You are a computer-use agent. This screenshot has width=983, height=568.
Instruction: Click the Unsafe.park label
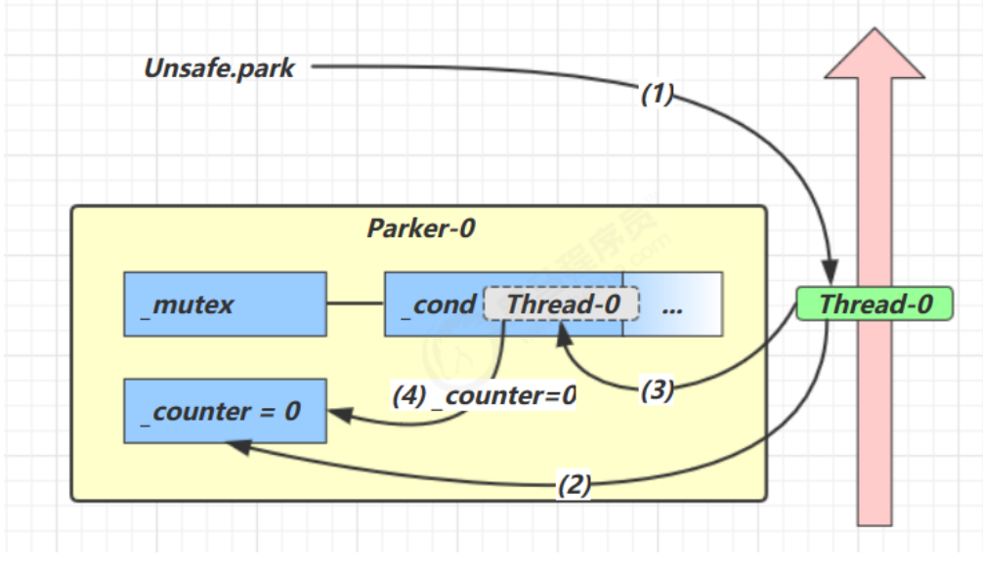pyautogui.click(x=219, y=68)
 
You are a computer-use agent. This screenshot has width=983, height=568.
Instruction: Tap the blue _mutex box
pyautogui.click(x=224, y=304)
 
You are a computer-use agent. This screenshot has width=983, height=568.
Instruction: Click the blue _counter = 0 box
pyautogui.click(x=224, y=412)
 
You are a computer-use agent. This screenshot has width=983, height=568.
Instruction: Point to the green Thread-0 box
pyautogui.click(x=875, y=304)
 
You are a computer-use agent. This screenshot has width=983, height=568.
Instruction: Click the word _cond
pyautogui.click(x=438, y=304)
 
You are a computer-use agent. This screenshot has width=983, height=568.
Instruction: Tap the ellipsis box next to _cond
pyautogui.click(x=672, y=304)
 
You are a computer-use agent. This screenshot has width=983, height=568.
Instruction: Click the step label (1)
pyautogui.click(x=658, y=94)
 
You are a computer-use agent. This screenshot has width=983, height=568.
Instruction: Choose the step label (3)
pyautogui.click(x=658, y=390)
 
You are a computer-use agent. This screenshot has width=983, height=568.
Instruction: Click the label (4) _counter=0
pyautogui.click(x=484, y=396)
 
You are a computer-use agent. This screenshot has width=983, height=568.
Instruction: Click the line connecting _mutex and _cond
pyautogui.click(x=355, y=304)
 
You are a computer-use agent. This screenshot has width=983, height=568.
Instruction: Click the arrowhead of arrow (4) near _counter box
pyautogui.click(x=338, y=415)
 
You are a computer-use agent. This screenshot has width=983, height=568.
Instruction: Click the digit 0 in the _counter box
pyautogui.click(x=291, y=412)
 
